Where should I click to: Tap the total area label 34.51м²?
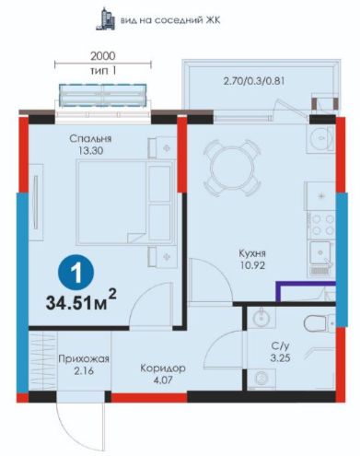[x=81, y=300]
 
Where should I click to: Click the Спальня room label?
[x=90, y=139]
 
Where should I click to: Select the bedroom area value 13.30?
[x=90, y=151]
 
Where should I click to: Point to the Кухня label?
[x=252, y=253]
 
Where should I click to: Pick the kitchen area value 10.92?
[x=252, y=265]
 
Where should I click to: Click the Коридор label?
[x=163, y=368]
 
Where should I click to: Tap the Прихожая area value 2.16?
[x=84, y=371]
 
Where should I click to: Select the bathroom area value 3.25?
[x=280, y=357]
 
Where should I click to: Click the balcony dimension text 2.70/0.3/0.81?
[x=254, y=81]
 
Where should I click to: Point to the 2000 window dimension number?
[x=103, y=56]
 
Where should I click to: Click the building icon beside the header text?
[x=105, y=19]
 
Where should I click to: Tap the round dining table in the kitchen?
[x=232, y=168]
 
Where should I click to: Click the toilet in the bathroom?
[x=319, y=323]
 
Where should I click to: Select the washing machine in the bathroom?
[x=261, y=379]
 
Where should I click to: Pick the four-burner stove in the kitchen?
[x=322, y=225]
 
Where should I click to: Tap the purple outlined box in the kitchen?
[x=306, y=291]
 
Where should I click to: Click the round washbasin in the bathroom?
[x=261, y=318]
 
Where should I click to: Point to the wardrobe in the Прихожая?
[x=43, y=361]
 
